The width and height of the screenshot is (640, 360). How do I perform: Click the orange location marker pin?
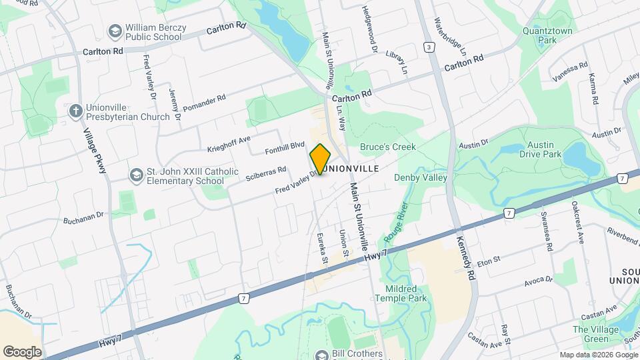coord(320,159)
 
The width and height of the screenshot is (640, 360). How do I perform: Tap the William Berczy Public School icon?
coord(114,31)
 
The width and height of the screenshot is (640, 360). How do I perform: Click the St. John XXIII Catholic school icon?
coord(136,175)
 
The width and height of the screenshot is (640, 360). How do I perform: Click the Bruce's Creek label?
coord(388,147)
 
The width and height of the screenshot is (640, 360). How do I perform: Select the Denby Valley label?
coord(420,177)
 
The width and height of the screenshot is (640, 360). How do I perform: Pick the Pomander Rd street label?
coord(205,103)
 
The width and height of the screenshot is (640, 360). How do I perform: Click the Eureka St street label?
coord(321,247)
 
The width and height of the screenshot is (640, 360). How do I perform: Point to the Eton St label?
coord(489,259)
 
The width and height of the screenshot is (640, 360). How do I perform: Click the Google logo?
coord(22,351)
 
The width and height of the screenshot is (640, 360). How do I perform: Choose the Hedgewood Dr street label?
coord(369,27)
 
